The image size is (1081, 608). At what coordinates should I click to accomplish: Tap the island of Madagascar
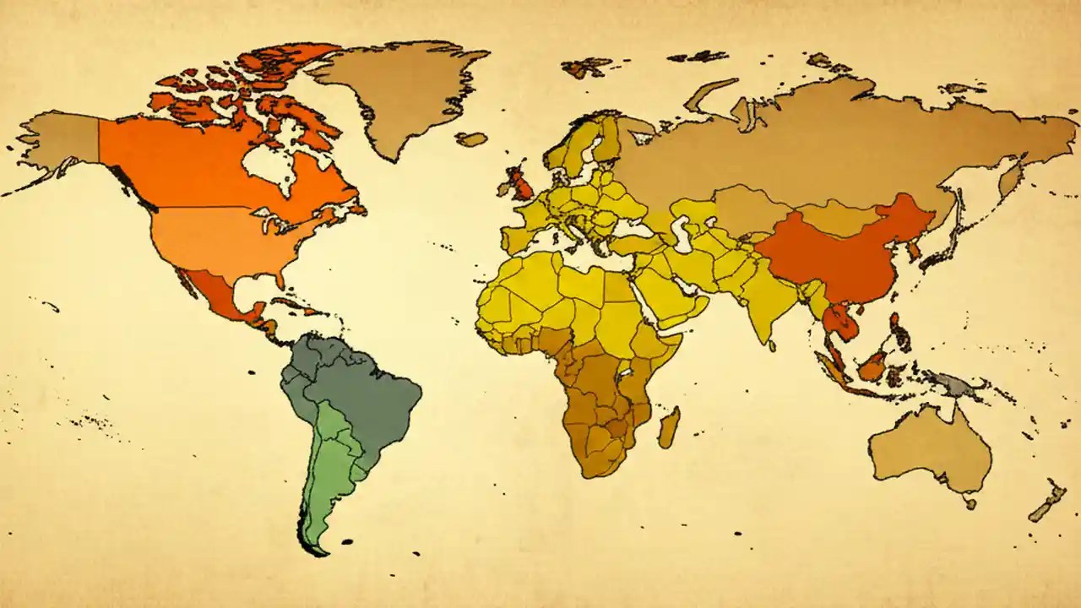tap(669, 427)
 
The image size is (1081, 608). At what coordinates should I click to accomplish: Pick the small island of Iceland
tap(472, 138)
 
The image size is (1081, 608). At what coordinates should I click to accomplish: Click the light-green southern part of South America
tap(325, 473)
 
